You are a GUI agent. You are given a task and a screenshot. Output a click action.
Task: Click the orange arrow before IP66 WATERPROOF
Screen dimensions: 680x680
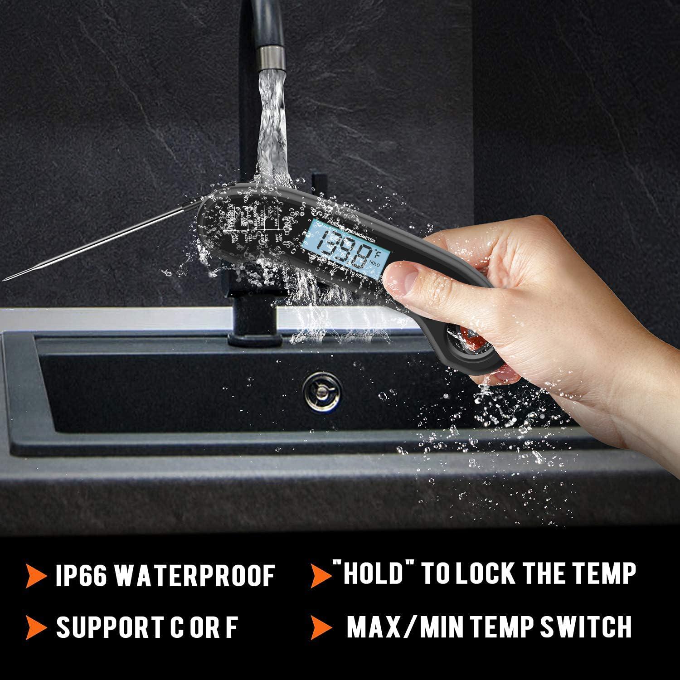[x=36, y=576]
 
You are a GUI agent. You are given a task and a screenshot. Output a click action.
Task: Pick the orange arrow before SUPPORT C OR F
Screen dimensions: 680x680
[x=36, y=627]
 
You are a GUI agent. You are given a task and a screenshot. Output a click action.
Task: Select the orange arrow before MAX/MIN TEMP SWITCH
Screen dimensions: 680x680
[x=321, y=627]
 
